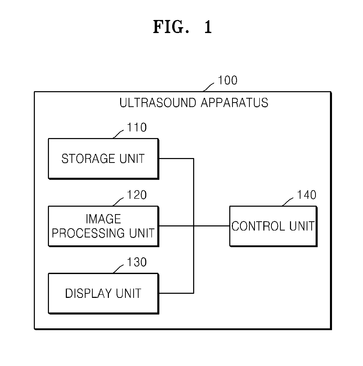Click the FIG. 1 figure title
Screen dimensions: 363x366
coord(182,27)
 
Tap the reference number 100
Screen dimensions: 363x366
coord(227,80)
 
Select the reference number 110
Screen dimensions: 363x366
coord(137,127)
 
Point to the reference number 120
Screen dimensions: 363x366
coord(137,195)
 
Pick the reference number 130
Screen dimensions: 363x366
coord(137,262)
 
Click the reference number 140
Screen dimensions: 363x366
coord(307,195)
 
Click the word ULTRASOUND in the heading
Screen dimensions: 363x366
coord(158,103)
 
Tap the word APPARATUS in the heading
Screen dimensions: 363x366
coord(234,103)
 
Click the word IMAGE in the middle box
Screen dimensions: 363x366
coord(103,219)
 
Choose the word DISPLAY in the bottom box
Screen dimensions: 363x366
coord(88,293)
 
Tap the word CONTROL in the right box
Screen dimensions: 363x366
coord(258,226)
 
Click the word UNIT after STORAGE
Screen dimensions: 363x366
coord(132,159)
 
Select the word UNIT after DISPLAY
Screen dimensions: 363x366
coord(129,293)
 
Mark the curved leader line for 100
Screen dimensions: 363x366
coord(208,87)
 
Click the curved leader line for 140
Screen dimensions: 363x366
coord(287,202)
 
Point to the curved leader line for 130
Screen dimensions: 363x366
coord(118,269)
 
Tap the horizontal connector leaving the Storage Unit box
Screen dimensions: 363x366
coord(176,158)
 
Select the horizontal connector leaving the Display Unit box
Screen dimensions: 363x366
coord(176,293)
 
